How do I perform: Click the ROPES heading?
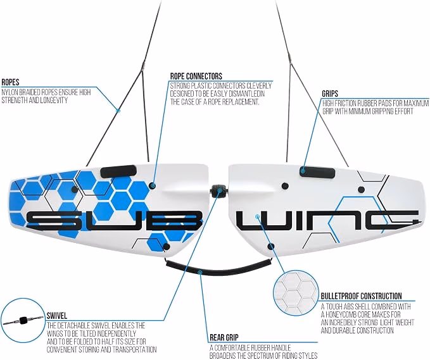10,82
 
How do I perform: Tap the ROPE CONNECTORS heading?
196,76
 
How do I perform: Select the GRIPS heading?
330,94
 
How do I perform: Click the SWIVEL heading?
57,316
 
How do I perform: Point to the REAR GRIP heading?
224,337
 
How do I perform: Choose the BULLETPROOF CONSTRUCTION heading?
361,296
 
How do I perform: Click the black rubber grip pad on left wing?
118,171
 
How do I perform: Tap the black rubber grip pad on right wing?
317,172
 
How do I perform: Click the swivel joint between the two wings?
219,191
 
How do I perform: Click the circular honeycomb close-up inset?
296,293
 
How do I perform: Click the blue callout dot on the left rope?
118,111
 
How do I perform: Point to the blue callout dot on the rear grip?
200,272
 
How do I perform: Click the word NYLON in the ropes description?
9,92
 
